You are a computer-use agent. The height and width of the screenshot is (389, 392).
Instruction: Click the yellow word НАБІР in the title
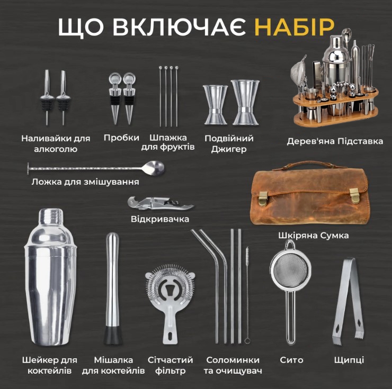tap(294, 27)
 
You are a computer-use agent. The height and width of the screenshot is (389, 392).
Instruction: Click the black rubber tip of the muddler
tap(113, 335)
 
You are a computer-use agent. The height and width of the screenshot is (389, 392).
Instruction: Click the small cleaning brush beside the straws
tap(247, 295)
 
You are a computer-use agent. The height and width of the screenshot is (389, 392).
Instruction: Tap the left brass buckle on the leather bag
tap(263, 198)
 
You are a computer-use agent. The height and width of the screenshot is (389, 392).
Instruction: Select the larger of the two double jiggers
tap(245, 102)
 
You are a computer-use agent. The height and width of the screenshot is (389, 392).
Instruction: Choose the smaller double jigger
tap(215, 104)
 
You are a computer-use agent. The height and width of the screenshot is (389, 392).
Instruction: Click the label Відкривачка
tap(160, 219)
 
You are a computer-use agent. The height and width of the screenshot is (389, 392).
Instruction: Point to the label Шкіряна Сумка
tap(314, 236)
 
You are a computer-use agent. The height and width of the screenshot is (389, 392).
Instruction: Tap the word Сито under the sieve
tap(291, 360)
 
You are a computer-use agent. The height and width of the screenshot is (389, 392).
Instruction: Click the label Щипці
tap(349, 360)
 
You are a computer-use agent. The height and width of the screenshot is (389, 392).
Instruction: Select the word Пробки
tap(121, 138)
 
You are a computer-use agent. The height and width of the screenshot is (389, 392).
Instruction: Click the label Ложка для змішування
tap(85, 182)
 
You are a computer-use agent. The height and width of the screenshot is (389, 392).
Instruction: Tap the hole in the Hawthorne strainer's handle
tap(170, 336)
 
